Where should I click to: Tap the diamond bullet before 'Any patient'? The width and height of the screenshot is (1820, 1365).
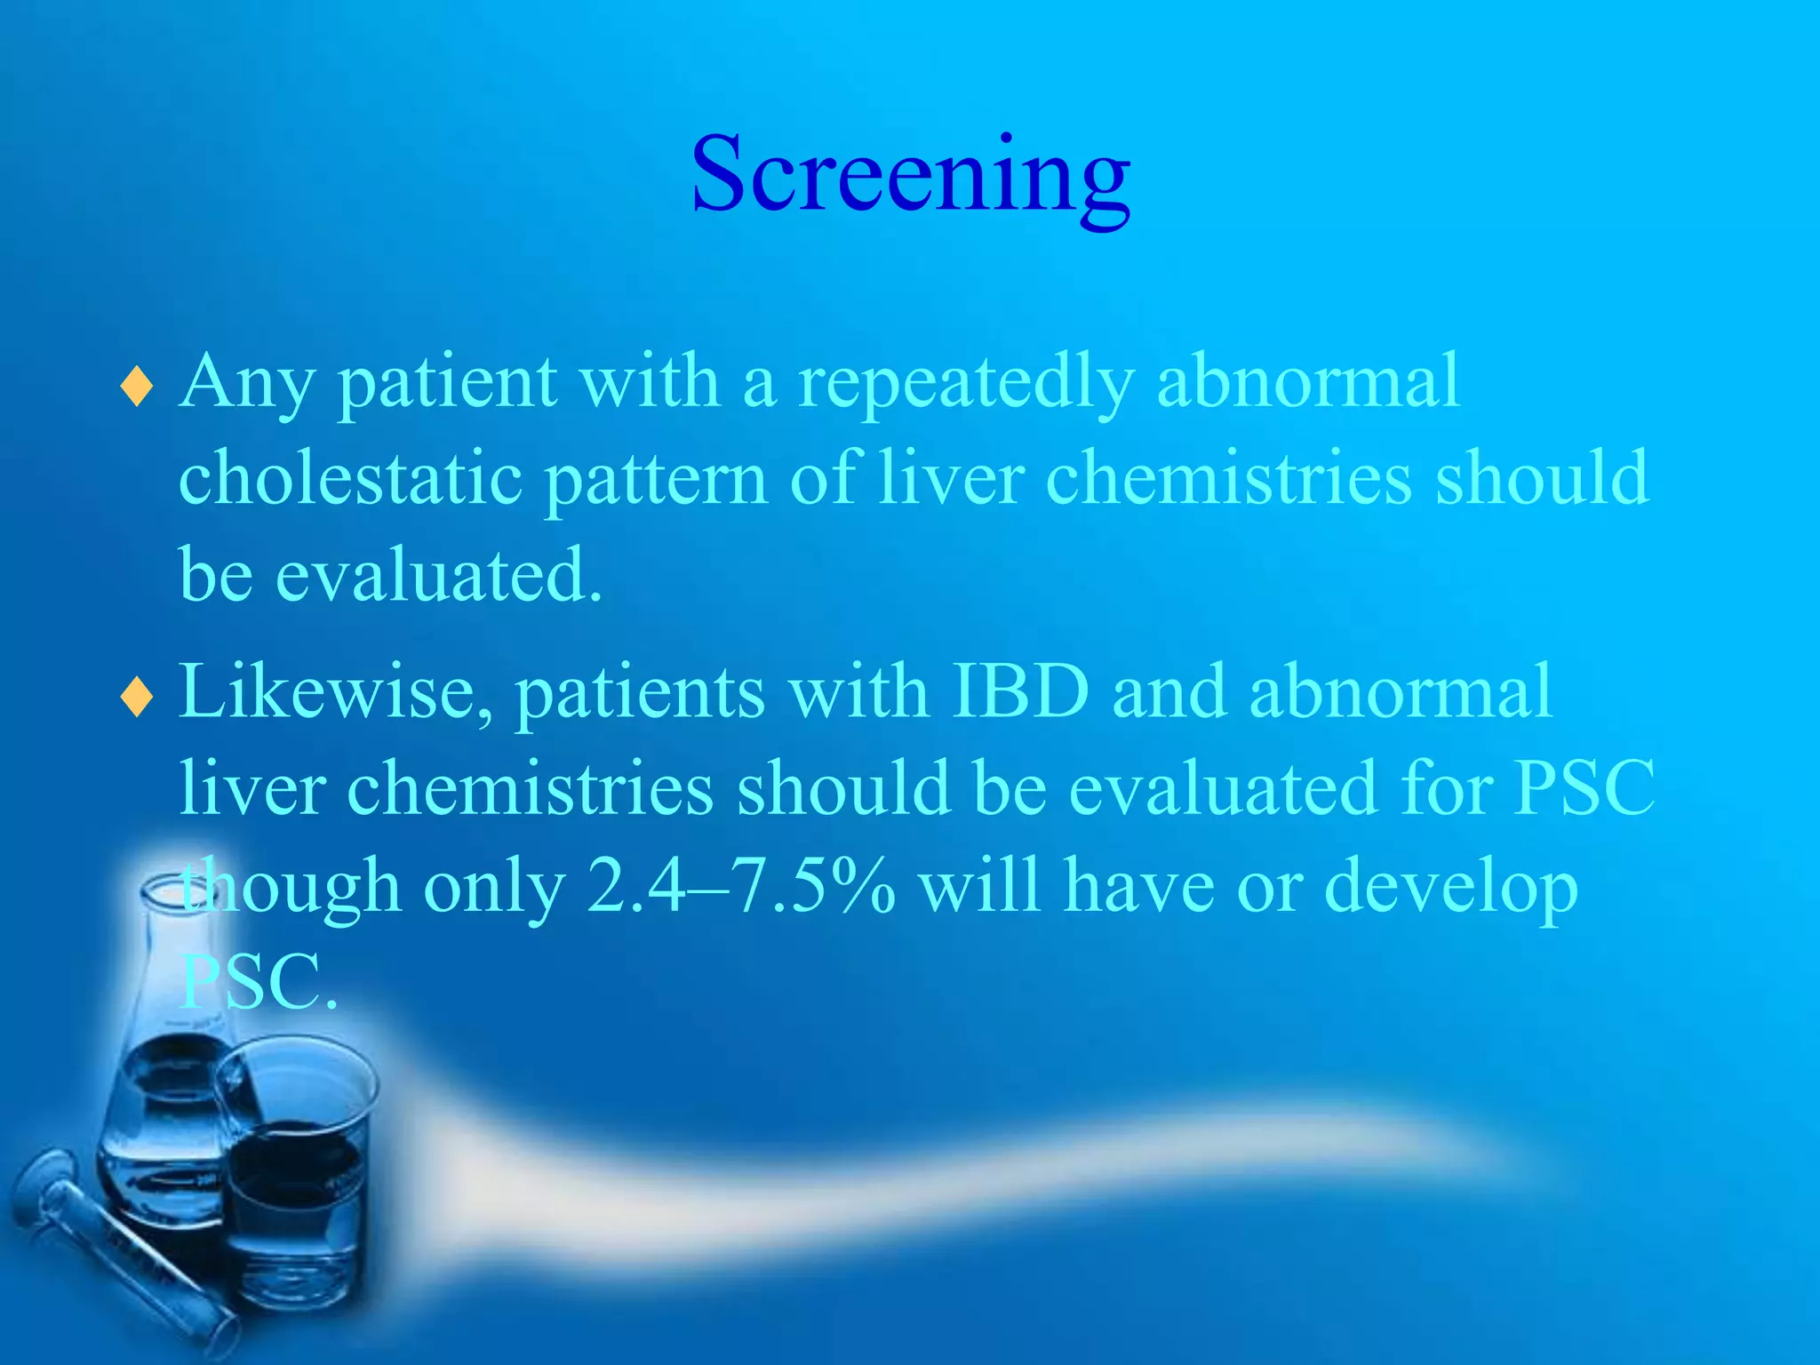[x=136, y=387]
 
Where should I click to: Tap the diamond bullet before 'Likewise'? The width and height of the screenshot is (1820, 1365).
[x=136, y=698]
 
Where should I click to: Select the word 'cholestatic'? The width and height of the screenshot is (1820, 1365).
[x=350, y=478]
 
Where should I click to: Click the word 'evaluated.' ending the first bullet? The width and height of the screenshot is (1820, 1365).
[x=439, y=575]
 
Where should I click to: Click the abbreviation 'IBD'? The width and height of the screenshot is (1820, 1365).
[x=1020, y=691]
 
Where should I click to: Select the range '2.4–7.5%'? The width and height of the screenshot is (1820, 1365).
[x=741, y=886]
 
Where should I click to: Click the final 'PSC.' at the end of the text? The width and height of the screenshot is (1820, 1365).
[x=259, y=982]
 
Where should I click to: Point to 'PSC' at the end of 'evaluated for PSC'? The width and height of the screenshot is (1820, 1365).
[x=1584, y=787]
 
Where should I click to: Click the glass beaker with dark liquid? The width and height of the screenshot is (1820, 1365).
[x=298, y=1182]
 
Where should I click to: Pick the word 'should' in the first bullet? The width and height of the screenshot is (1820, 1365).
[x=1543, y=478]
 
